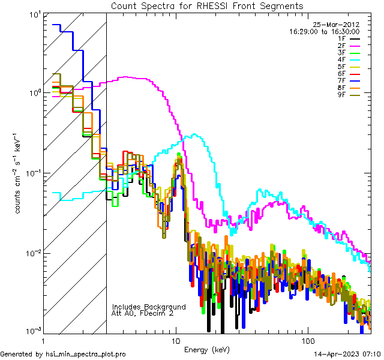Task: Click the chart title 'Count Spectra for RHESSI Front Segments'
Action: pyautogui.click(x=207, y=5)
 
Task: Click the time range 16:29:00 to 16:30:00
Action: pyautogui.click(x=325, y=31)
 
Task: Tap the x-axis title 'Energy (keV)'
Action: pyautogui.click(x=207, y=349)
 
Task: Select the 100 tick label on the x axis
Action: pyautogui.click(x=307, y=340)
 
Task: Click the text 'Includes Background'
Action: pyautogui.click(x=149, y=307)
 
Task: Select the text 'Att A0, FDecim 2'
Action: pyautogui.click(x=143, y=313)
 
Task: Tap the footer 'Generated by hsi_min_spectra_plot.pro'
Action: pyautogui.click(x=63, y=354)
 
